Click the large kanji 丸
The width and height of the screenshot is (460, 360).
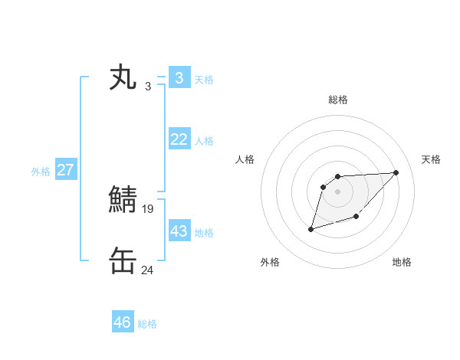[123, 78]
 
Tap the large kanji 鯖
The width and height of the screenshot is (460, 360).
[123, 201]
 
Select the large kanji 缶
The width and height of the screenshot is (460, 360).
[123, 261]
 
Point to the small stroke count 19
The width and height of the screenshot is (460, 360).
[148, 208]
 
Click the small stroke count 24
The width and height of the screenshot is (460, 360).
[148, 270]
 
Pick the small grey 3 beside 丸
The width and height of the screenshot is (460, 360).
[148, 86]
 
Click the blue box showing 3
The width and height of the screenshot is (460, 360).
[179, 77]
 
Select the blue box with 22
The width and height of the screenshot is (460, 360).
[179, 139]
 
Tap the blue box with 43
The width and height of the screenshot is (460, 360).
[179, 231]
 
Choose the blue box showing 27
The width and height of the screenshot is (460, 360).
[65, 170]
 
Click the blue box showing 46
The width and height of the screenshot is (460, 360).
[122, 322]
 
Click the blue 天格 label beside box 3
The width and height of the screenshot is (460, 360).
[204, 79]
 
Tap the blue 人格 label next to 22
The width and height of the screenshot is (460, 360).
[204, 141]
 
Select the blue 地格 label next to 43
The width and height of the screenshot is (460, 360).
[204, 232]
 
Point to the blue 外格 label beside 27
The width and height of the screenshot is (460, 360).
[41, 172]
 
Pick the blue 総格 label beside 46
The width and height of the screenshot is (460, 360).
[147, 324]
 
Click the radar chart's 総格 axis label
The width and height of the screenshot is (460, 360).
[337, 100]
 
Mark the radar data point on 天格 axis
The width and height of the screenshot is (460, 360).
[396, 172]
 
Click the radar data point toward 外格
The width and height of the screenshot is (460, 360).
[311, 229]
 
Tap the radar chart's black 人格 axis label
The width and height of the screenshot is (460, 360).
[245, 159]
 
